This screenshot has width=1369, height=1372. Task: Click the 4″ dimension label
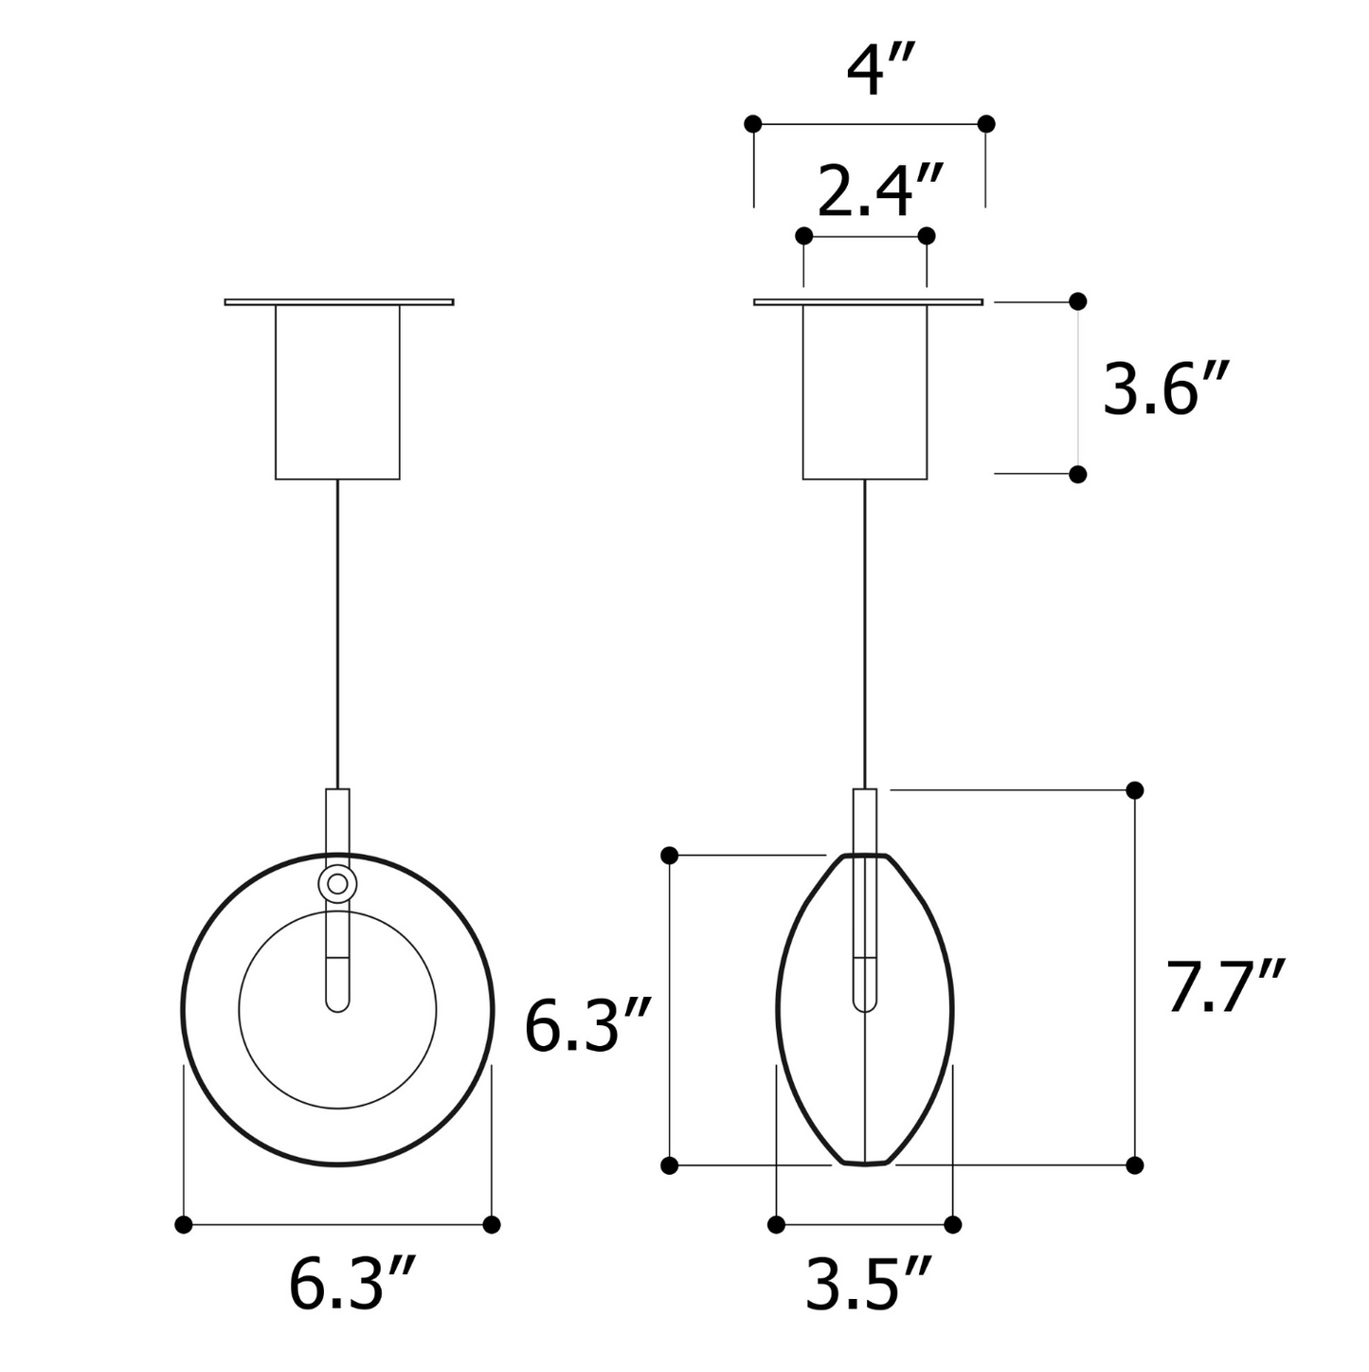click(880, 70)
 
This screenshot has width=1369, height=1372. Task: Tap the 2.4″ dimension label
click(880, 190)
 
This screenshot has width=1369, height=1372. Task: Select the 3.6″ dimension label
click(1164, 388)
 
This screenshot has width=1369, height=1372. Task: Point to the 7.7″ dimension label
click(1225, 986)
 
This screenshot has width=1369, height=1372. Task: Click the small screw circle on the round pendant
click(337, 884)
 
